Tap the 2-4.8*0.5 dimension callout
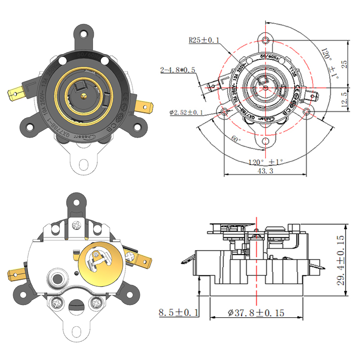coord(178,70)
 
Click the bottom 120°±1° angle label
coord(265,161)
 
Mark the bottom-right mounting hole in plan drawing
coord(306,111)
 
